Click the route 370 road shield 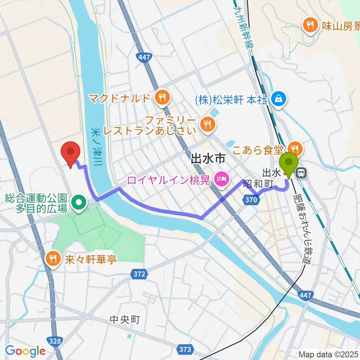[251, 200]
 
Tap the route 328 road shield [55, 340]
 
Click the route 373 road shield [185, 349]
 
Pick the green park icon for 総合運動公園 [78, 203]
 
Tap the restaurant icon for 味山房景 [310, 25]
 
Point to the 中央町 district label [125, 319]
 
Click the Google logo [25, 351]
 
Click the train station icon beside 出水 [301, 172]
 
